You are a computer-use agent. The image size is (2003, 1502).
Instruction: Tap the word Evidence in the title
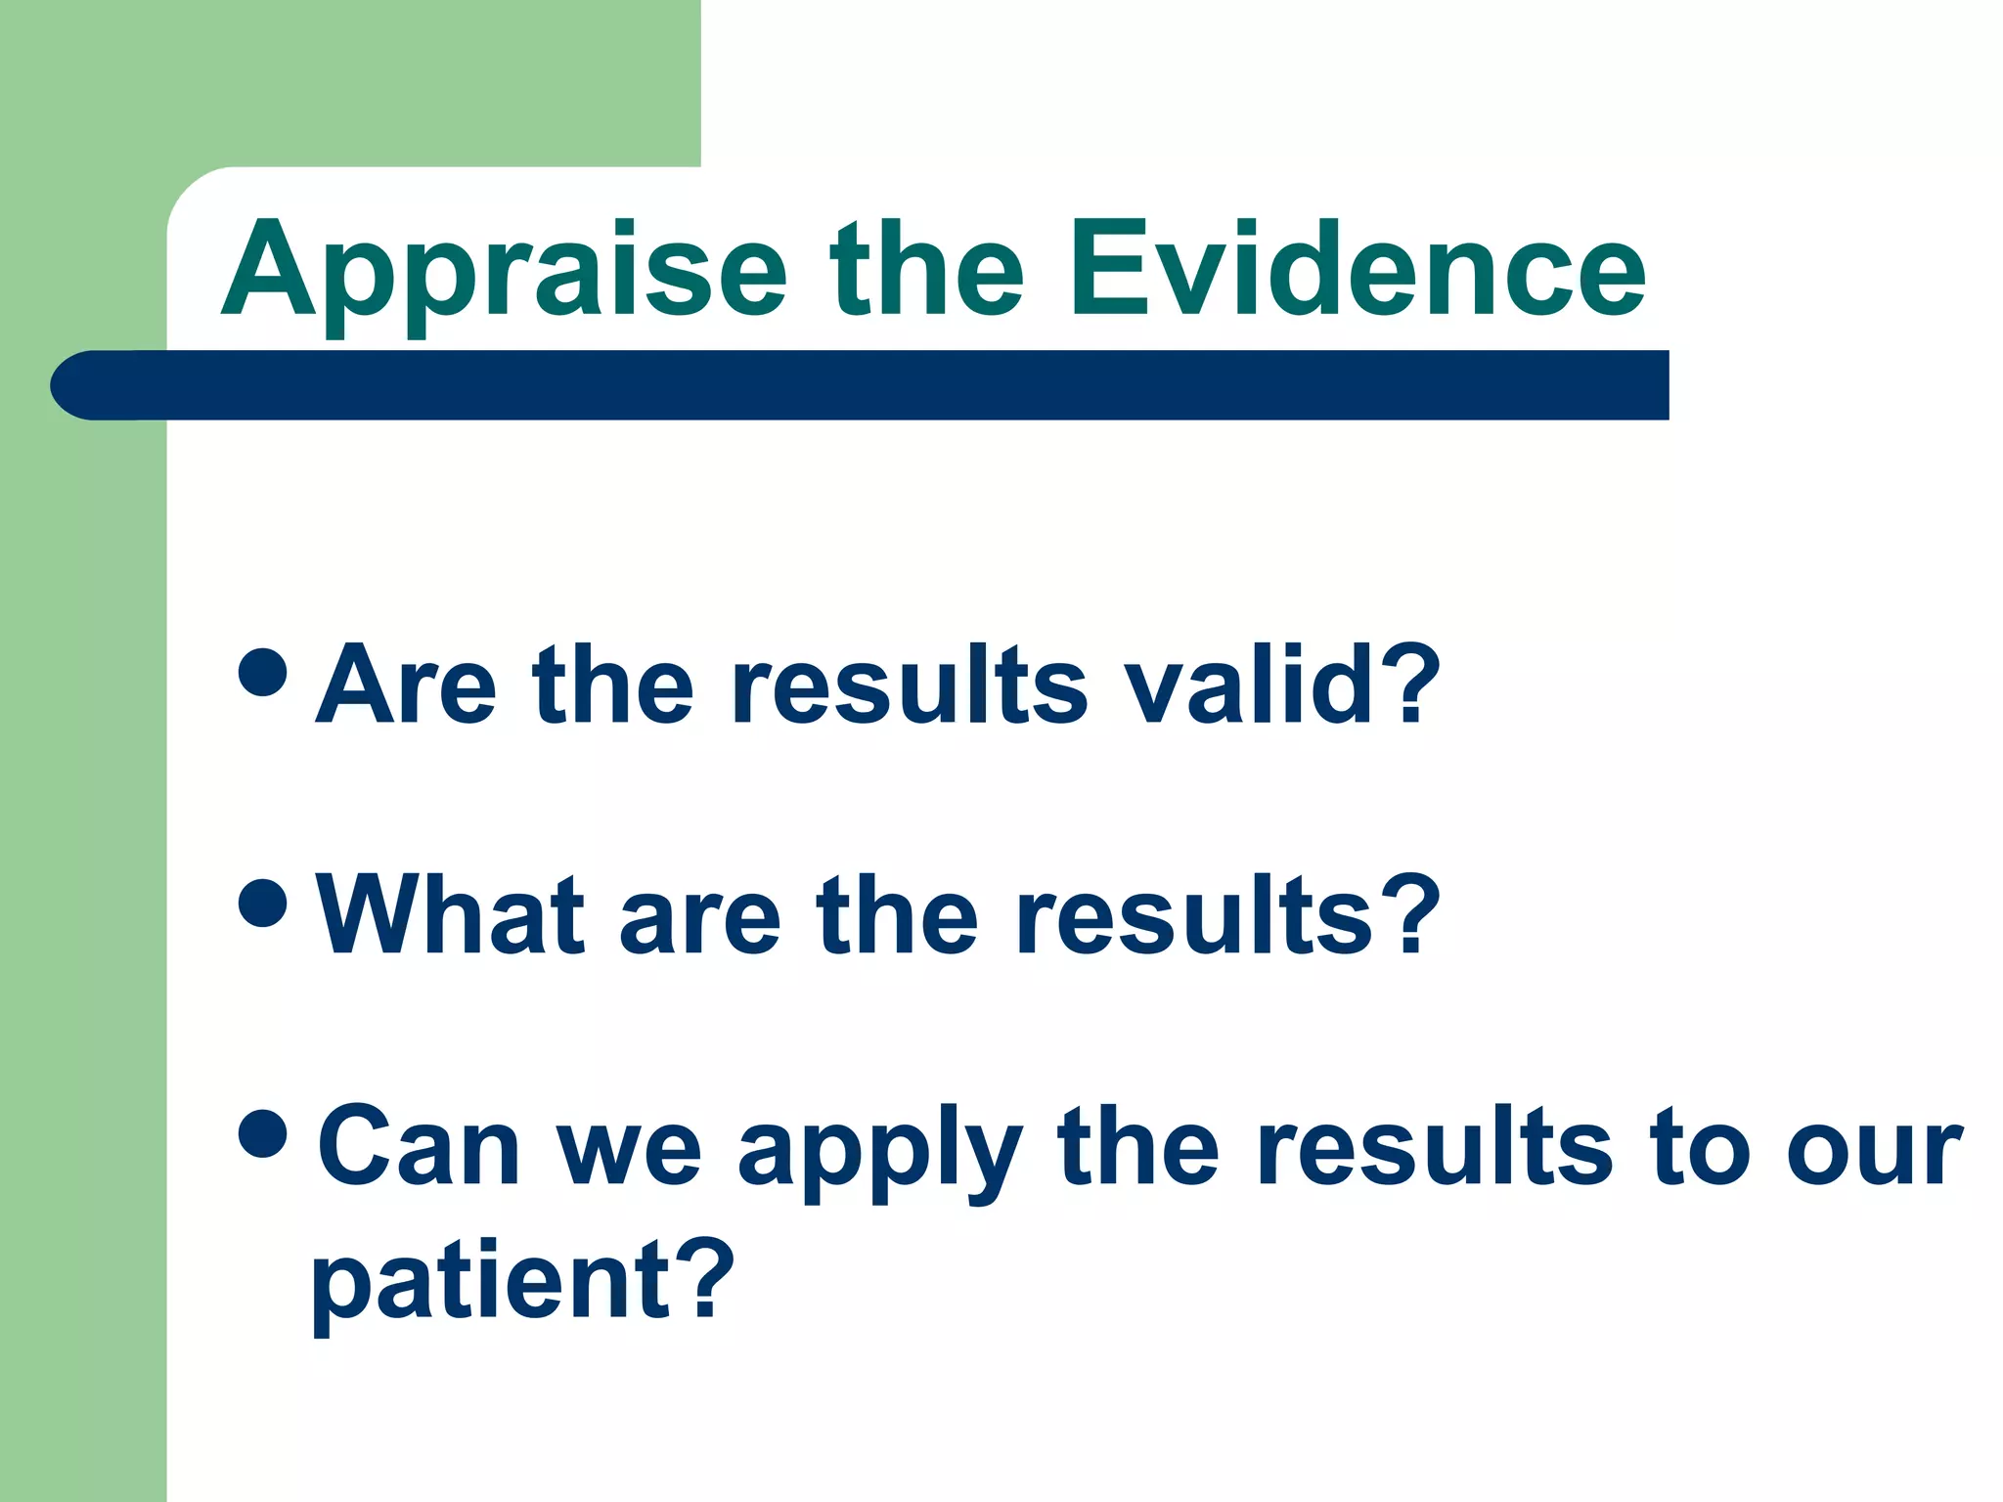point(1358,269)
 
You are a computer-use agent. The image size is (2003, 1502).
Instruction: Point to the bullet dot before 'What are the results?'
point(262,903)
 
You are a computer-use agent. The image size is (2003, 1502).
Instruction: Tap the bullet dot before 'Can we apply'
point(262,1132)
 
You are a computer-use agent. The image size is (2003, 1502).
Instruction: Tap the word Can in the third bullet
point(419,1146)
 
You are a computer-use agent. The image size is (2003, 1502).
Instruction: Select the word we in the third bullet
point(629,1152)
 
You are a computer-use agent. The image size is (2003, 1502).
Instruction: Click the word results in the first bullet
point(910,686)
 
